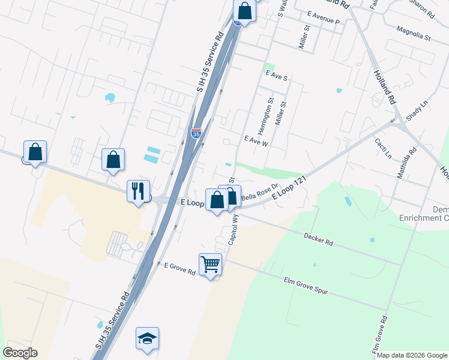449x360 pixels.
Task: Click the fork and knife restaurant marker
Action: coord(138,191)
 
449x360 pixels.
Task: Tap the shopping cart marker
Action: coord(210,265)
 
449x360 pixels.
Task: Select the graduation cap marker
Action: coord(147,338)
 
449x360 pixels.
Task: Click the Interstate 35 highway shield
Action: coord(196,133)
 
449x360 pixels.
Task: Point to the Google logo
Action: coord(20,353)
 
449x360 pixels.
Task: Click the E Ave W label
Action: coord(256,141)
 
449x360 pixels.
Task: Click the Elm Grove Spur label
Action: coord(306,285)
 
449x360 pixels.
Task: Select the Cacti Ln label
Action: coord(383,148)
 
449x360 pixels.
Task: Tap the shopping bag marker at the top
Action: coord(244,10)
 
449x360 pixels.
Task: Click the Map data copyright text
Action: coord(412,355)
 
